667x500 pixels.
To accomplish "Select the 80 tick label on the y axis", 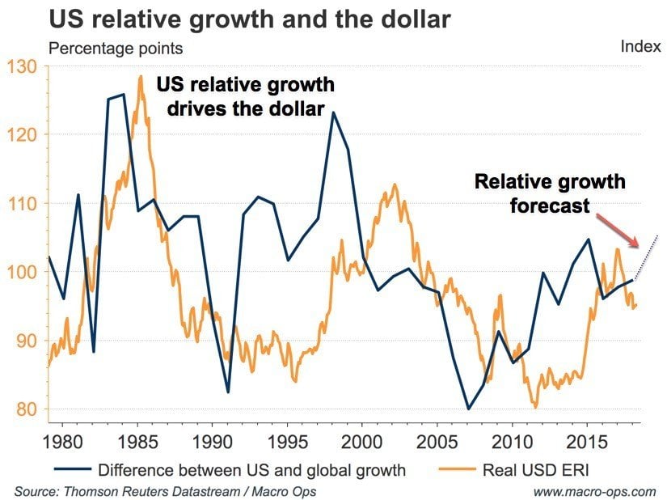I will pos(26,409).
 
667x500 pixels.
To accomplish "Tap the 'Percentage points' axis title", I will pos(116,49).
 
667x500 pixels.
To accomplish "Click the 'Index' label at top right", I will pos(640,46).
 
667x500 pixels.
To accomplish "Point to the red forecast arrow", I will pos(619,230).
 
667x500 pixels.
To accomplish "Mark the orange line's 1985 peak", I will pos(141,76).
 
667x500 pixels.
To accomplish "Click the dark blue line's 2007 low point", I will pos(467,409).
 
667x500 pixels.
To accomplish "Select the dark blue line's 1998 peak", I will pos(332,112).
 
